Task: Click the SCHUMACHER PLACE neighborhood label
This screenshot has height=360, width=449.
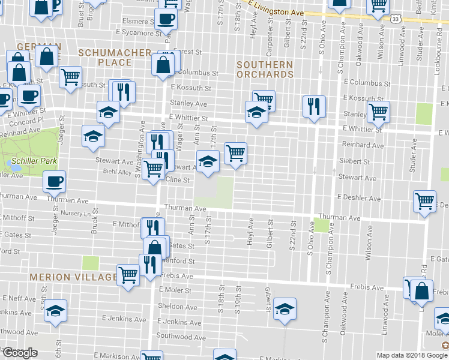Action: tap(114, 58)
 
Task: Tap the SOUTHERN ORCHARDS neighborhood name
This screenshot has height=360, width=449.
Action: tap(265, 70)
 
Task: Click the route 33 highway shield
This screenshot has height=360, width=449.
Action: tap(394, 19)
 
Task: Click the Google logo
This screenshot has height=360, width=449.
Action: tap(20, 353)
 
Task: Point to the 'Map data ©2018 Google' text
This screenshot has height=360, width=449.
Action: tap(412, 355)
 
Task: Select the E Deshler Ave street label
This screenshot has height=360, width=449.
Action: tap(359, 198)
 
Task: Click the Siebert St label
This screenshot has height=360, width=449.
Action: tap(354, 161)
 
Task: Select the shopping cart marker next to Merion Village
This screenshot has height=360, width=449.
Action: tap(128, 275)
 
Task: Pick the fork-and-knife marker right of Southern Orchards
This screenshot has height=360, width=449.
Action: tap(314, 106)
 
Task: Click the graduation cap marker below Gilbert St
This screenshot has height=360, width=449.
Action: tap(285, 309)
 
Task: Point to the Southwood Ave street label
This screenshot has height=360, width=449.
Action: tap(176, 335)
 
